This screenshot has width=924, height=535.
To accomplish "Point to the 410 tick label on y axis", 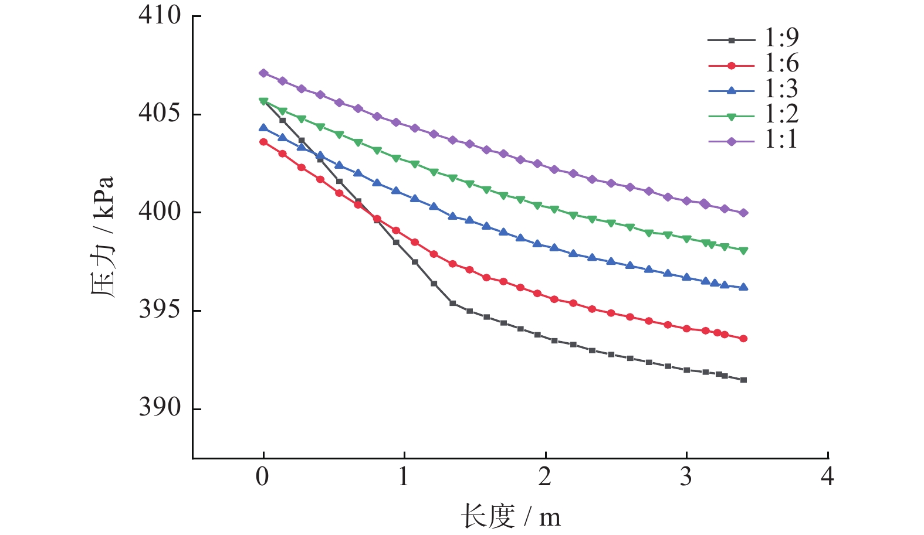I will click(160, 16).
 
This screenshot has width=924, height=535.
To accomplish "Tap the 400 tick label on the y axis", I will click(160, 212).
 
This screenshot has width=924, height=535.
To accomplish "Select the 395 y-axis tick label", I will click(160, 310).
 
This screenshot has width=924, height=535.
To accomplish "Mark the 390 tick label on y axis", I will click(160, 408).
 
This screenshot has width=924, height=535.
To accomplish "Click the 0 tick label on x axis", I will click(263, 477).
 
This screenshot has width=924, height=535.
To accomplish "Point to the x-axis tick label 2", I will click(545, 477).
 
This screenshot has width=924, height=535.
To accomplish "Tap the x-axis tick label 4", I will click(827, 477).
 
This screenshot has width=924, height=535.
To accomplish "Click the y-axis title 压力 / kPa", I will click(103, 237).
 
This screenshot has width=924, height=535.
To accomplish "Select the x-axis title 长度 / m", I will click(510, 517).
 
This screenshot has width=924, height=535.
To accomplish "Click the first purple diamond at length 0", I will click(263, 73).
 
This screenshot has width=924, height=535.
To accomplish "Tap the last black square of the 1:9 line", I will click(743, 380).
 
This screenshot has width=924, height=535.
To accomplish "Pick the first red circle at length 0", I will click(263, 142).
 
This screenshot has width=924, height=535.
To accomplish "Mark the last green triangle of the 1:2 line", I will click(743, 251).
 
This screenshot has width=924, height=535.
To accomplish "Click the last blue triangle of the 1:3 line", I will click(743, 287).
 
